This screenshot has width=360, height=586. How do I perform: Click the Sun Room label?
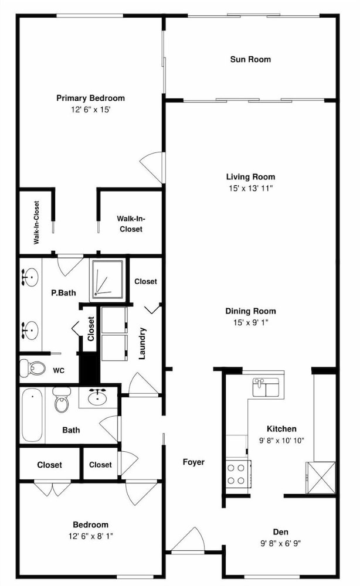pos(250,59)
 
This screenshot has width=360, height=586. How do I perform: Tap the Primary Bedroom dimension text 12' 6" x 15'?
pos(90,110)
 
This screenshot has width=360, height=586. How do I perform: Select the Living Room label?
pos(250,177)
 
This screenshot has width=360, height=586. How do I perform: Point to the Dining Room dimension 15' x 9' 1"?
pos(250,322)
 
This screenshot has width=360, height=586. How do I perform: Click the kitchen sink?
pos(266,387)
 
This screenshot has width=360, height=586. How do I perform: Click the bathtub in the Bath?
pos(32,415)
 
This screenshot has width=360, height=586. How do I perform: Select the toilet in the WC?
pos(32,368)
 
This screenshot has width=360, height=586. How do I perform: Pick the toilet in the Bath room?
pos(62,400)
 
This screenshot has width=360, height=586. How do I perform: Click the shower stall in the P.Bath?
pos(108,280)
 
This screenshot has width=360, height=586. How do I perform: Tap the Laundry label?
pos(142,343)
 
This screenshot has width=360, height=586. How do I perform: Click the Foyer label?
pos(193,462)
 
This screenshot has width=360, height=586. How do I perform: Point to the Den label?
pos(280,532)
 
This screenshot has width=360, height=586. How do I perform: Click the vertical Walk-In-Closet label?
pos(36,223)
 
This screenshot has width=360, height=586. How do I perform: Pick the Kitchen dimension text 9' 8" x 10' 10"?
pos(281,441)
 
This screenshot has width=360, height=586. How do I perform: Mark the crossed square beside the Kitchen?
pos(321,478)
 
